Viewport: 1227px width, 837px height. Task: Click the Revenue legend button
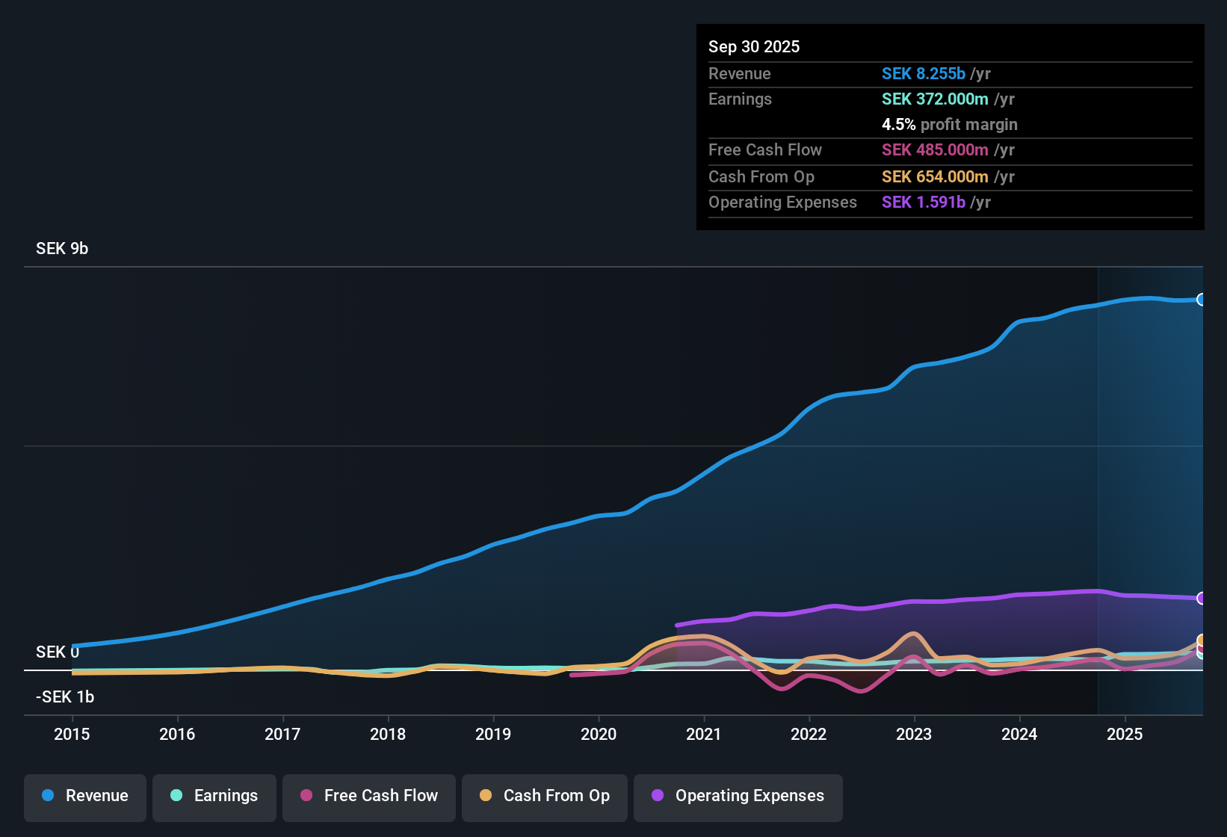pyautogui.click(x=85, y=796)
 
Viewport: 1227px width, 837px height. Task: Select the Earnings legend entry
pyautogui.click(x=214, y=796)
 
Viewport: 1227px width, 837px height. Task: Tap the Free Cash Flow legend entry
pyautogui.click(x=369, y=796)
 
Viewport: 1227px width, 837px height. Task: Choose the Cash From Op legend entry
pyautogui.click(x=545, y=796)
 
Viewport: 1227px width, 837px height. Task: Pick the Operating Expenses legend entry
pyautogui.click(x=738, y=796)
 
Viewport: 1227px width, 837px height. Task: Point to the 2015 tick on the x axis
pyautogui.click(x=72, y=734)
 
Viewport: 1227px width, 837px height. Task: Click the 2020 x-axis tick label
pyautogui.click(x=599, y=734)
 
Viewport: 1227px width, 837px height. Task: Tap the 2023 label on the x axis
pyautogui.click(x=914, y=734)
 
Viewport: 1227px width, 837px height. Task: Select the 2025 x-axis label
pyautogui.click(x=1125, y=734)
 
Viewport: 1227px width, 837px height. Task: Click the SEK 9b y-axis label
pyautogui.click(x=62, y=249)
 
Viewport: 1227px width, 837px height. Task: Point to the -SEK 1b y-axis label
pyautogui.click(x=65, y=697)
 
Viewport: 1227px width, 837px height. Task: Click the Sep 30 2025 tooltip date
pyautogui.click(x=754, y=46)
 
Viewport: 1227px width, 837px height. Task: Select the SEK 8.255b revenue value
pyautogui.click(x=924, y=74)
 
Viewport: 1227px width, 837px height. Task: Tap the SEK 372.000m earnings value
pyautogui.click(x=935, y=99)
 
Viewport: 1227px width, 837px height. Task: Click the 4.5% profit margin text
pyautogui.click(x=949, y=125)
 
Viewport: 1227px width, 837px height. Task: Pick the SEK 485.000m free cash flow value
pyautogui.click(x=935, y=150)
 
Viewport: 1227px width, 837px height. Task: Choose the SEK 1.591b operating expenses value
pyautogui.click(x=924, y=203)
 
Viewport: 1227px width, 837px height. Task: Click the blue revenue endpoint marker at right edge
pyautogui.click(x=1201, y=300)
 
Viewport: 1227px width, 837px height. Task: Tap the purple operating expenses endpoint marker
pyautogui.click(x=1201, y=598)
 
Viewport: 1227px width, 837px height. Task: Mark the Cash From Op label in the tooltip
pyautogui.click(x=761, y=177)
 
